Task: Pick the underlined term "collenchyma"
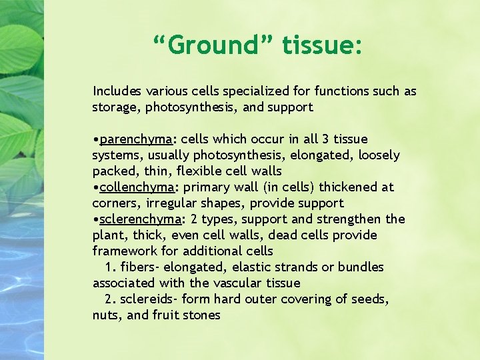[x=137, y=187]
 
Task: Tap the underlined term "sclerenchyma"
[x=141, y=219]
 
